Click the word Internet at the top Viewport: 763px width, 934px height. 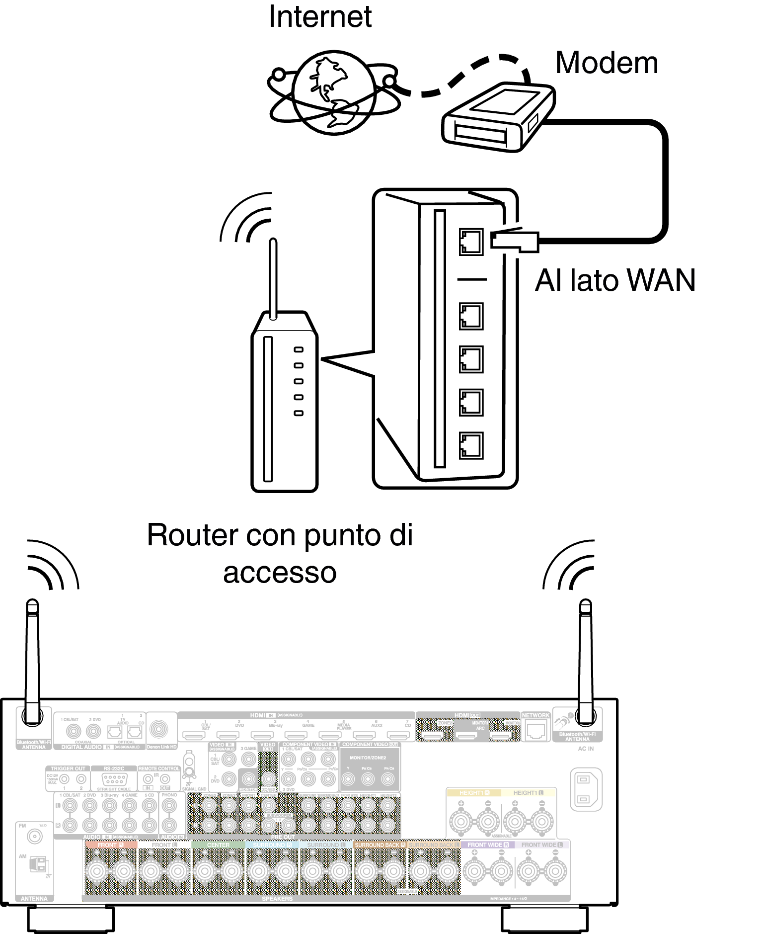(320, 17)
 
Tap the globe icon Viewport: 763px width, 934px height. (334, 92)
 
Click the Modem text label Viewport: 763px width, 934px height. (607, 63)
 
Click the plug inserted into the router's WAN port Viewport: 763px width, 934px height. (514, 241)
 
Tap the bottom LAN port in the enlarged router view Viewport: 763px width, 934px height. (471, 445)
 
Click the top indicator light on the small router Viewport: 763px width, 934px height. (299, 349)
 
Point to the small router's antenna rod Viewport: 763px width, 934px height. (273, 278)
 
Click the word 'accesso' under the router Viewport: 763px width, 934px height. (280, 573)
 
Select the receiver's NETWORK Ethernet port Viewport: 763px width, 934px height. (535, 731)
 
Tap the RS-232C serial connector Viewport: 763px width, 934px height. (114, 779)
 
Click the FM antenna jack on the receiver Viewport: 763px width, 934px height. (35, 837)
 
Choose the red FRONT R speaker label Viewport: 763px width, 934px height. (110, 845)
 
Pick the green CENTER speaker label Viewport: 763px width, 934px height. (218, 845)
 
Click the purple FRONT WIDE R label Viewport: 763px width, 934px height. (488, 845)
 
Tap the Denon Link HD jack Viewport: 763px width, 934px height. (159, 730)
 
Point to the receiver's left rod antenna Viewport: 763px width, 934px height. (32, 661)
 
